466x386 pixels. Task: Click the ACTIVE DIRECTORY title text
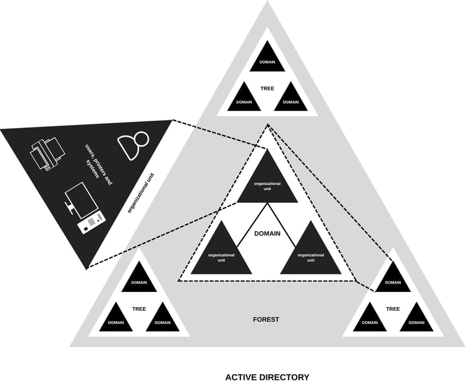point(267,377)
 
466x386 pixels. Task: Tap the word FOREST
point(266,319)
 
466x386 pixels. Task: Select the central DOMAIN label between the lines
point(267,233)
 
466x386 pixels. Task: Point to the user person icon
point(133,144)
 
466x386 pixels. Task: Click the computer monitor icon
point(79,200)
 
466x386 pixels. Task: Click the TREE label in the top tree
point(267,89)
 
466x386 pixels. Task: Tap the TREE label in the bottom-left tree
point(139,309)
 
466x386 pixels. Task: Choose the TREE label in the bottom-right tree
point(393,309)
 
